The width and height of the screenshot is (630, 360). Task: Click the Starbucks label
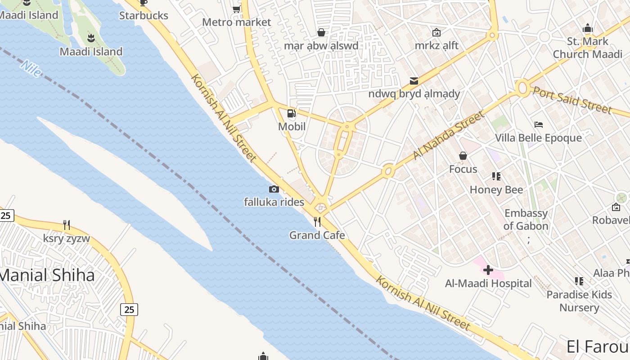pyautogui.click(x=144, y=16)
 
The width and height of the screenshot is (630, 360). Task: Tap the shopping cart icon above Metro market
pyautogui.click(x=236, y=9)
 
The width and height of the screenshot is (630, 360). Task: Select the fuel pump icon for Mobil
pyautogui.click(x=292, y=113)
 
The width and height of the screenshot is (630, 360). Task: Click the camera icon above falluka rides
pyautogui.click(x=274, y=189)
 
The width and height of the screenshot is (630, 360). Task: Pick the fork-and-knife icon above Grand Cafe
pyautogui.click(x=317, y=222)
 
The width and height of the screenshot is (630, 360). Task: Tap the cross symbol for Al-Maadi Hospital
pyautogui.click(x=488, y=270)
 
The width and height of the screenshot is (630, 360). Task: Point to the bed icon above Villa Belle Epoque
pyautogui.click(x=538, y=125)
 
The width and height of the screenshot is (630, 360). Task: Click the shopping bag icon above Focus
pyautogui.click(x=463, y=156)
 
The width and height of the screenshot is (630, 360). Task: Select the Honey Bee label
pyautogui.click(x=496, y=189)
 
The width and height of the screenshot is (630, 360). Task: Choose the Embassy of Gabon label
pyautogui.click(x=526, y=220)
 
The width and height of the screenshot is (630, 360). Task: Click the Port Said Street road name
pyautogui.click(x=572, y=100)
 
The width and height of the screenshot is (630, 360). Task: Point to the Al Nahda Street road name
pyautogui.click(x=449, y=135)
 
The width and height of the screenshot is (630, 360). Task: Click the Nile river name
pyautogui.click(x=31, y=68)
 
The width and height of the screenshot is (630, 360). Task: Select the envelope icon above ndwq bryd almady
pyautogui.click(x=414, y=81)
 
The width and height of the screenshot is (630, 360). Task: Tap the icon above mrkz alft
pyautogui.click(x=436, y=32)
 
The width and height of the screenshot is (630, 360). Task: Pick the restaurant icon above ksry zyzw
pyautogui.click(x=67, y=225)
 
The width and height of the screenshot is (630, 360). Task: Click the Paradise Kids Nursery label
pyautogui.click(x=579, y=301)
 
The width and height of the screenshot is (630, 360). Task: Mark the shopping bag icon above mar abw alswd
pyautogui.click(x=321, y=32)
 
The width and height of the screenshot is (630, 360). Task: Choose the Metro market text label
pyautogui.click(x=236, y=22)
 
